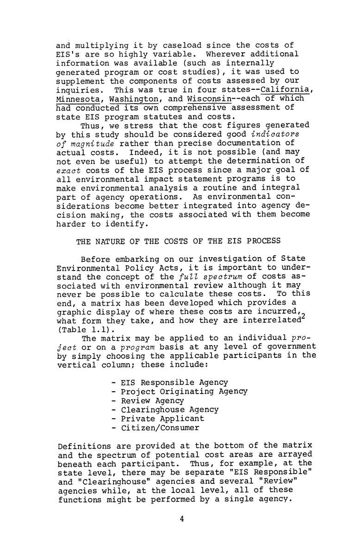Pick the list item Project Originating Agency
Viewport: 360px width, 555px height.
[184, 391]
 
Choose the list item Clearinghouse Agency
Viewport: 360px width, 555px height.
[169, 409]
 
